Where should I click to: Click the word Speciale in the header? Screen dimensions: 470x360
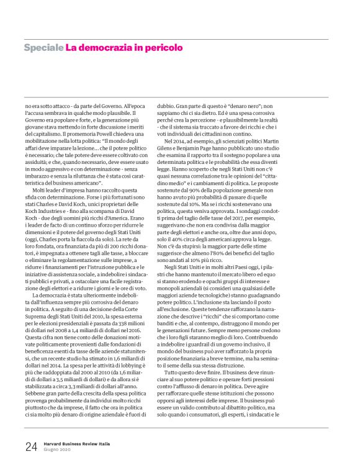point(43,47)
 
